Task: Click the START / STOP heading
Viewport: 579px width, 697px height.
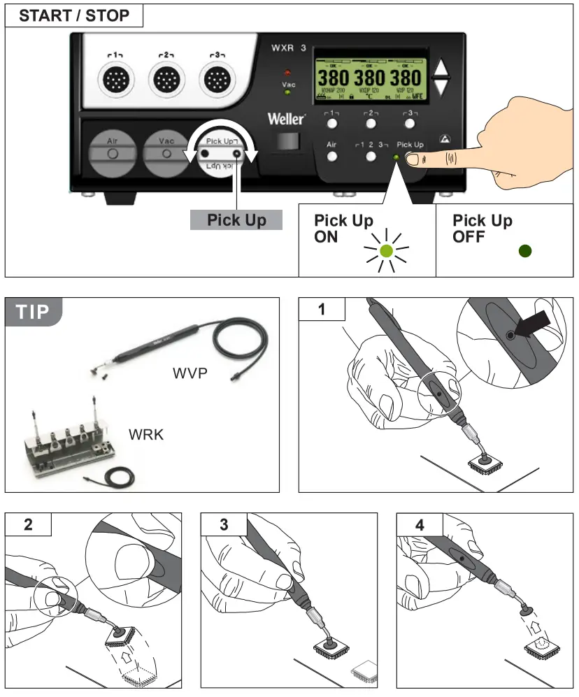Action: pos(74,15)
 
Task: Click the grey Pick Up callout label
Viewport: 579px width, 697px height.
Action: pos(236,220)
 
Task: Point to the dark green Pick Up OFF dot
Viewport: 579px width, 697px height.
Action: pos(524,250)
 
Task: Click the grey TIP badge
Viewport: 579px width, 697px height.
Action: pos(34,312)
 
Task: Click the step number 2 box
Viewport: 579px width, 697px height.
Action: pos(28,524)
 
